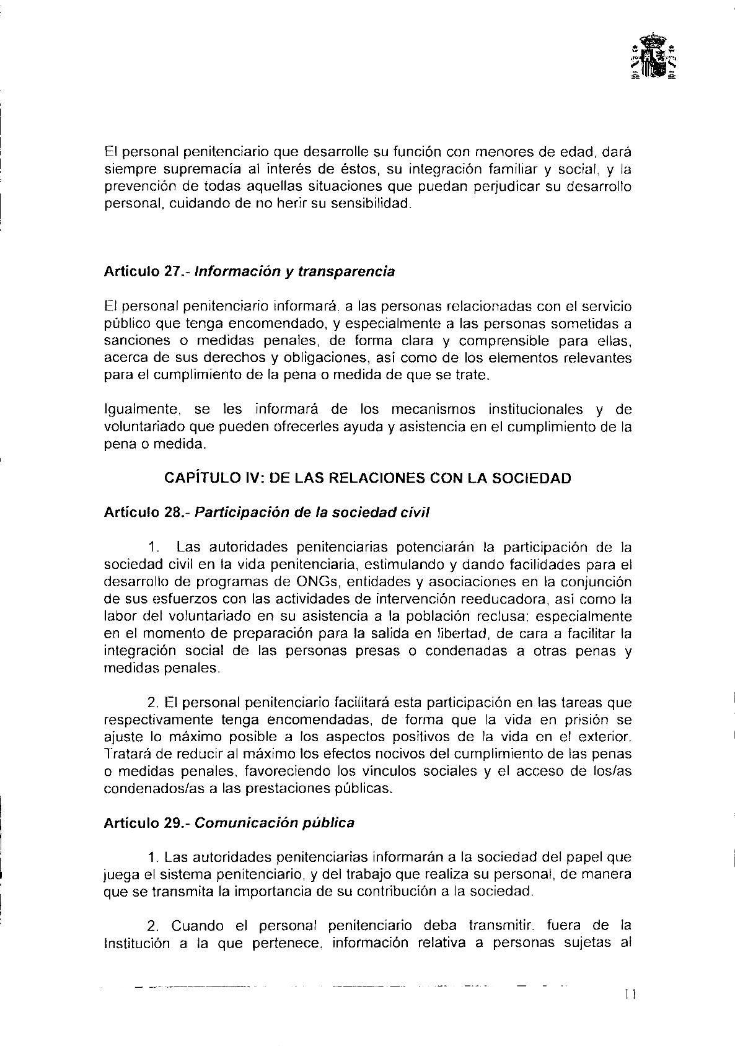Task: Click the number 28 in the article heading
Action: [x=177, y=512]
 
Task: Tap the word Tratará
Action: [x=127, y=755]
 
